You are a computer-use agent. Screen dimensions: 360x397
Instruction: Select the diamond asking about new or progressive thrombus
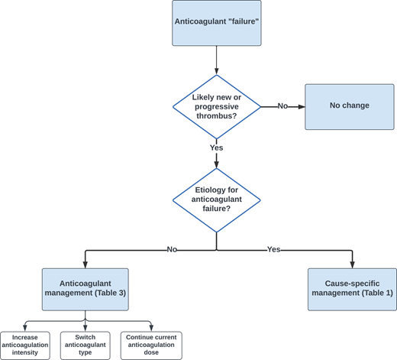(217, 106)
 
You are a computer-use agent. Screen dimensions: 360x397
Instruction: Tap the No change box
(350, 105)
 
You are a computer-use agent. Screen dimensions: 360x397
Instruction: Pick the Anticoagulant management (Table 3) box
(84, 289)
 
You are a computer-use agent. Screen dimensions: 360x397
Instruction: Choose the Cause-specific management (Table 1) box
(352, 289)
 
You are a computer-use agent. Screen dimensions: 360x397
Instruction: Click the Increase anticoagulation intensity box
(25, 345)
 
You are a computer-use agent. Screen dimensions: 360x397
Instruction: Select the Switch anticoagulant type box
(84, 345)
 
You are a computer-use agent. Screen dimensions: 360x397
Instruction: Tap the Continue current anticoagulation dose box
(151, 345)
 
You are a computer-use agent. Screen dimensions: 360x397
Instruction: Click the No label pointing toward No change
(282, 106)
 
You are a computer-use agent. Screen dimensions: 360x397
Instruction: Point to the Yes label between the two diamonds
(217, 148)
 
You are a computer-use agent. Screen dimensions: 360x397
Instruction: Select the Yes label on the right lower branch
(274, 249)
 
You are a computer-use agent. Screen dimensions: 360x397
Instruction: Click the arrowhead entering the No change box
(302, 106)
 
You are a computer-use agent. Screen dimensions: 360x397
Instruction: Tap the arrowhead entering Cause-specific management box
(352, 264)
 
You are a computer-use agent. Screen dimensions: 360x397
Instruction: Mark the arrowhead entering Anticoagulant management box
(84, 264)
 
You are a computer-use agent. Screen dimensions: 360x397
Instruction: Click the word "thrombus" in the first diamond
(217, 115)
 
